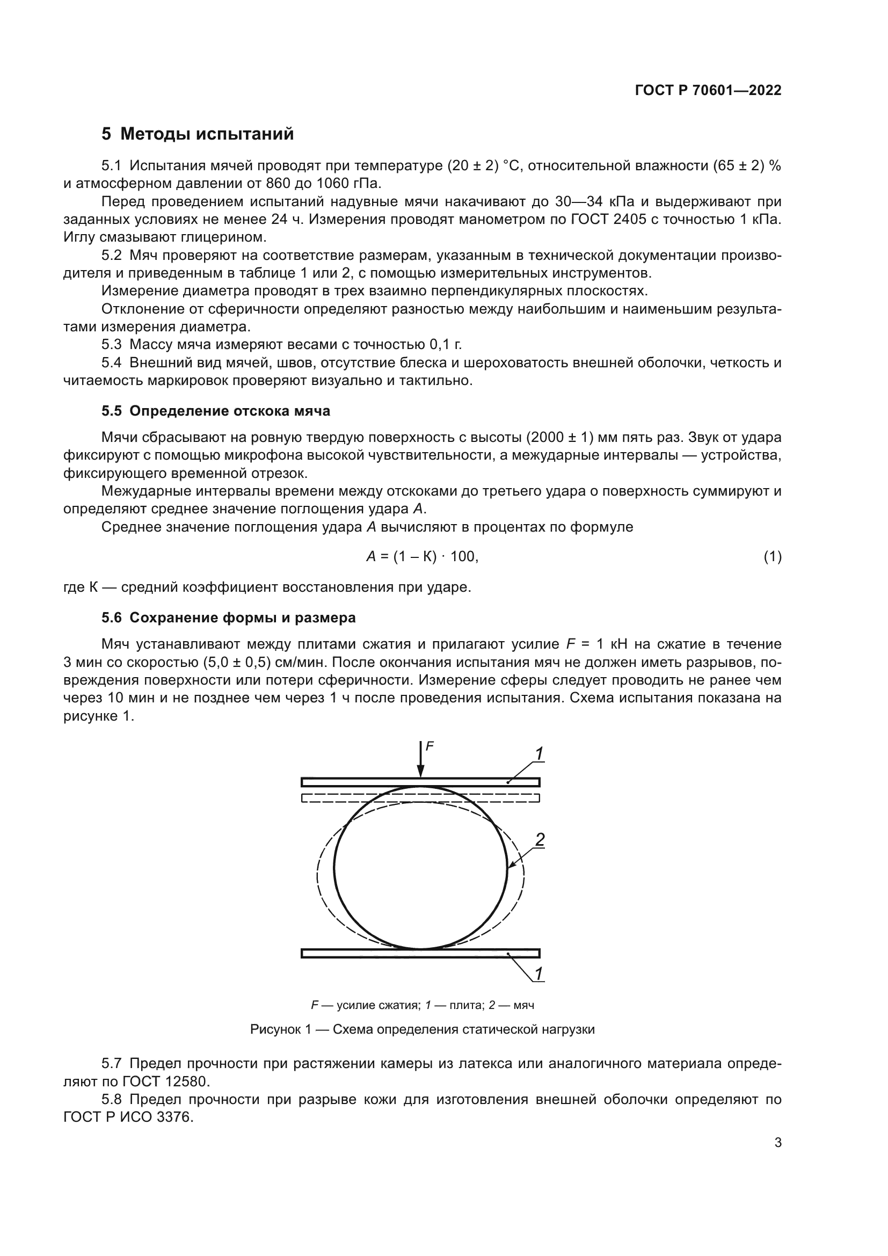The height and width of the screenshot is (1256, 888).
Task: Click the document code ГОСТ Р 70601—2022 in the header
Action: point(708,90)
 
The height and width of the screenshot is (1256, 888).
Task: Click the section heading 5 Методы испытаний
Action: point(198,134)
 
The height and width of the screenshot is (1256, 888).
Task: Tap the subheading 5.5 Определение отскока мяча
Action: point(215,411)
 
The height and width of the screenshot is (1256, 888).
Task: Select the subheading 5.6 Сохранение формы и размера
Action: point(228,618)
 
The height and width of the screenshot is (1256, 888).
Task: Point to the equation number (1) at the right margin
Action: point(772,557)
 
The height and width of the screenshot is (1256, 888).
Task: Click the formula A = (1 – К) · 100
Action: point(422,557)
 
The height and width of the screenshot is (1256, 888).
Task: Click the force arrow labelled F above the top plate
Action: point(420,759)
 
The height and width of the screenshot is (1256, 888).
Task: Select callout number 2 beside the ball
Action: point(540,840)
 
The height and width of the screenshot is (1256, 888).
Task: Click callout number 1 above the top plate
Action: point(538,754)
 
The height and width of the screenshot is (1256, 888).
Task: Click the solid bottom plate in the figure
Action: point(420,954)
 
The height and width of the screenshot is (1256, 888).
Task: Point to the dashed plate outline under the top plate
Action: point(420,798)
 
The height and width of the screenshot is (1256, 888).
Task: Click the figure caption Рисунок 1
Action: point(422,1029)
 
